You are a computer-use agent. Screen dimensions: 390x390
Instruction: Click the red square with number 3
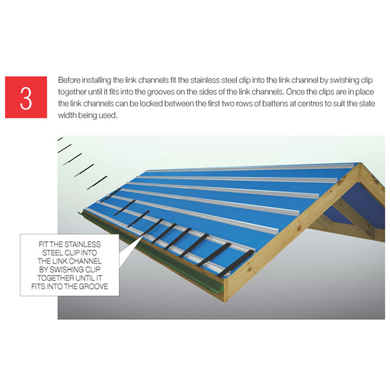[x=26, y=97]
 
